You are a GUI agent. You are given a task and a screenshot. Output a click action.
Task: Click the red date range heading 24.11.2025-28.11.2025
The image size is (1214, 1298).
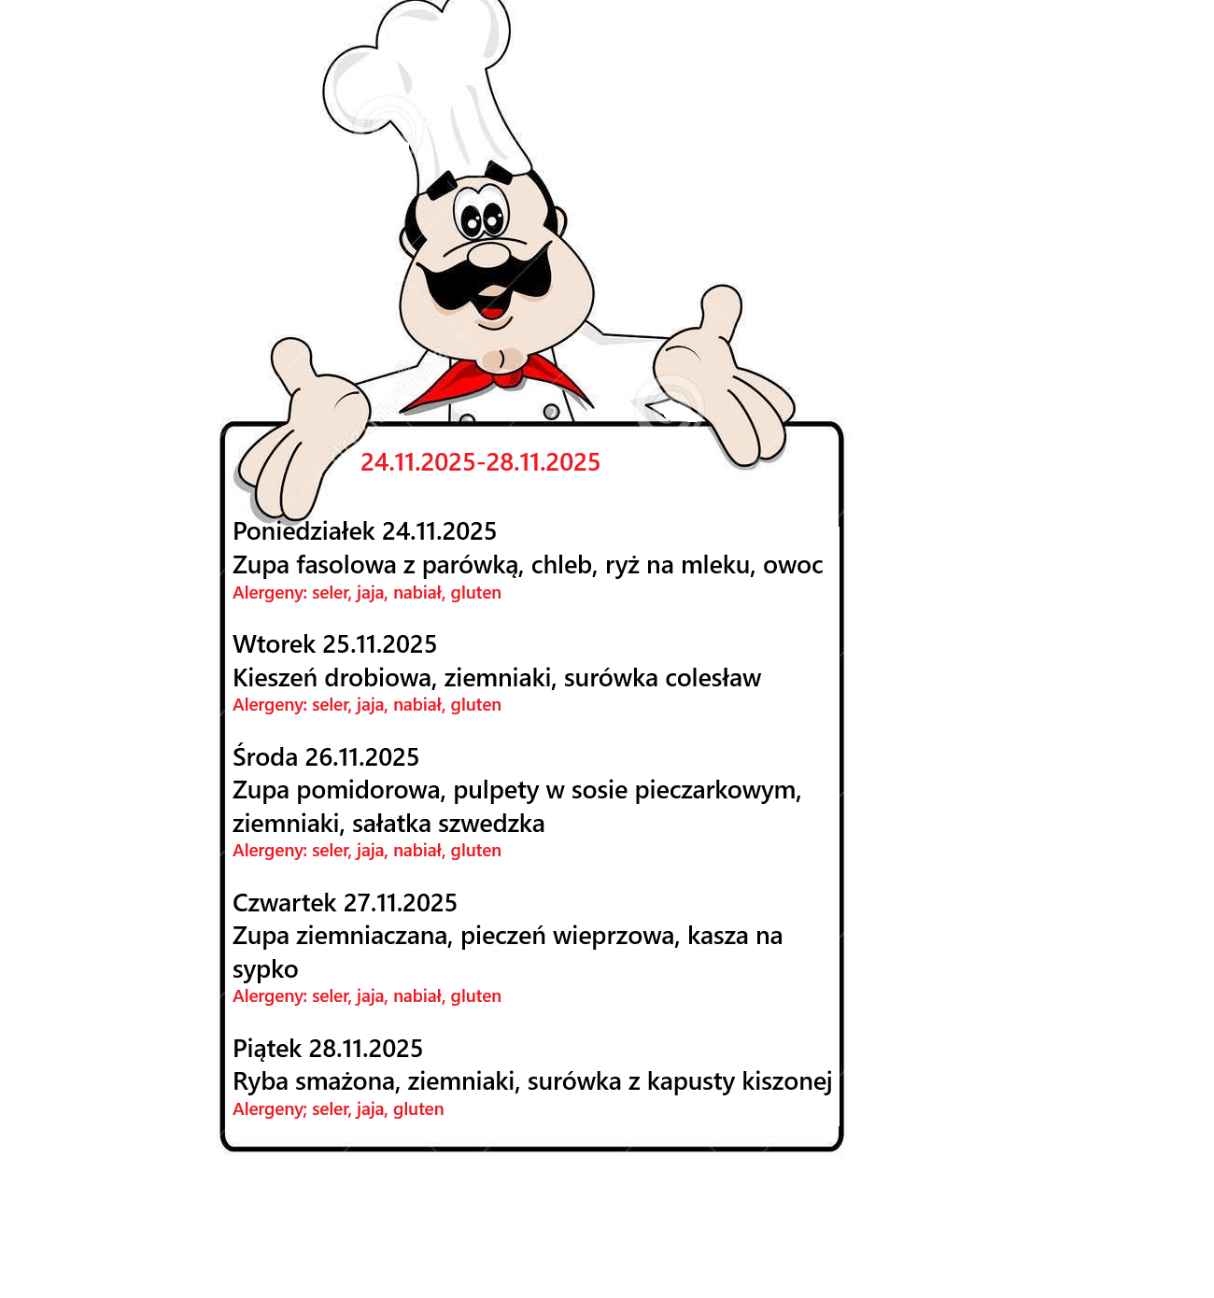point(480,462)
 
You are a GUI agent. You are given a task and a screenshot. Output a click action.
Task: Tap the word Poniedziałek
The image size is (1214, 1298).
point(303,531)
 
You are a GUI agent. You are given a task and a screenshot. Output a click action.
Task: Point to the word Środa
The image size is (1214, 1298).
point(265,756)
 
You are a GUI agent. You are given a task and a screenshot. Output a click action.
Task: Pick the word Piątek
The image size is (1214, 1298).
point(267,1049)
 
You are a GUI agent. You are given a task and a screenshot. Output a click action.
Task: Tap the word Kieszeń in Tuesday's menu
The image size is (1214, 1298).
point(275,678)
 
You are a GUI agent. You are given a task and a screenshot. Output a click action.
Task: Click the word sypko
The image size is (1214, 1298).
point(265,970)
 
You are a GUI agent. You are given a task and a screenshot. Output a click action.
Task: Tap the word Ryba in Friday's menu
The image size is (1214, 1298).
point(261,1081)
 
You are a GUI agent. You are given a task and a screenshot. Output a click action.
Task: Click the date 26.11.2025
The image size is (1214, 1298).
point(362,757)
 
